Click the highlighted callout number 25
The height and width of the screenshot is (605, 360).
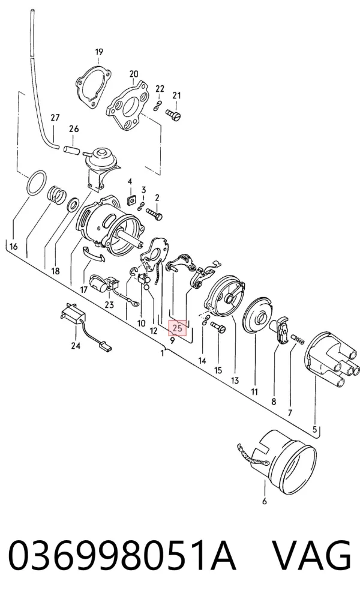pyautogui.click(x=178, y=328)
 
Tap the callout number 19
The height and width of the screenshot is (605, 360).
pyautogui.click(x=99, y=52)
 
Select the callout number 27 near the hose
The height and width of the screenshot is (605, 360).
pyautogui.click(x=55, y=117)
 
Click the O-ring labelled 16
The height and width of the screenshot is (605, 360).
pyautogui.click(x=37, y=183)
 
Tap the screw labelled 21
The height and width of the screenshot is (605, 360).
pyautogui.click(x=173, y=115)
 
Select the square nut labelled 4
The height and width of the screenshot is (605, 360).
pyautogui.click(x=132, y=200)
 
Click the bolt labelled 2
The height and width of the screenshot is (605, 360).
pyautogui.click(x=154, y=214)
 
